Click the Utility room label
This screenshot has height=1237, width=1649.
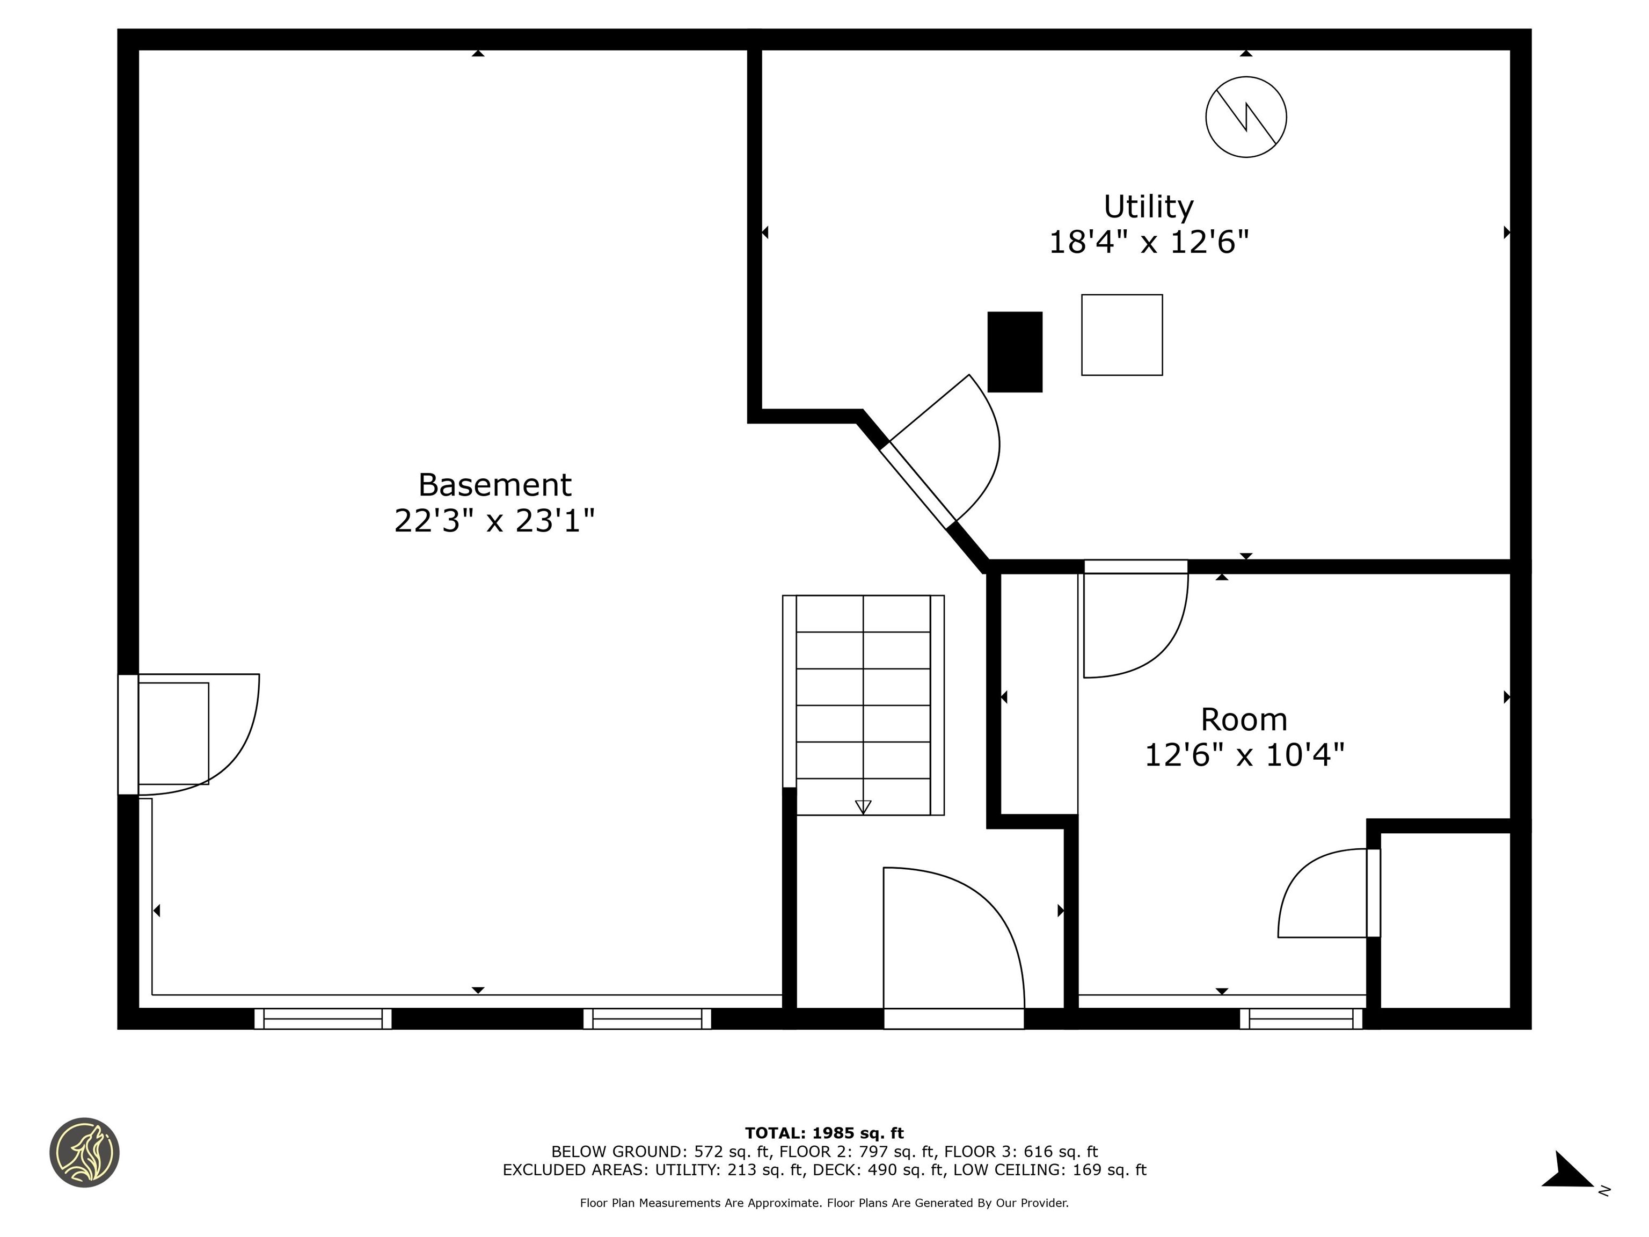pos(1148,207)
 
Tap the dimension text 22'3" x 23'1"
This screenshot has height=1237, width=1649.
pos(494,520)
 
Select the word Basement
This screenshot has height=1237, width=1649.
pos(494,485)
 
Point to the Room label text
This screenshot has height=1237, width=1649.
pos(1243,719)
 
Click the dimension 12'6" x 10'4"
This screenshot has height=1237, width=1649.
pos(1243,755)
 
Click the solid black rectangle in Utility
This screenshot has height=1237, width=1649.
pos(1015,352)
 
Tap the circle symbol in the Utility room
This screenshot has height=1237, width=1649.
pos(1246,117)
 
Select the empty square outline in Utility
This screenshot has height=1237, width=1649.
pos(1121,335)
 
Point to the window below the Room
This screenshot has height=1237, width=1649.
pos(1301,1018)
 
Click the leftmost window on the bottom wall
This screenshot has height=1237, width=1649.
pos(323,1018)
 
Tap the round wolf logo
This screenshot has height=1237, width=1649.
pos(84,1152)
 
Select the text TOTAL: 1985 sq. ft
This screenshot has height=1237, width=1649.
pos(824,1133)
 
